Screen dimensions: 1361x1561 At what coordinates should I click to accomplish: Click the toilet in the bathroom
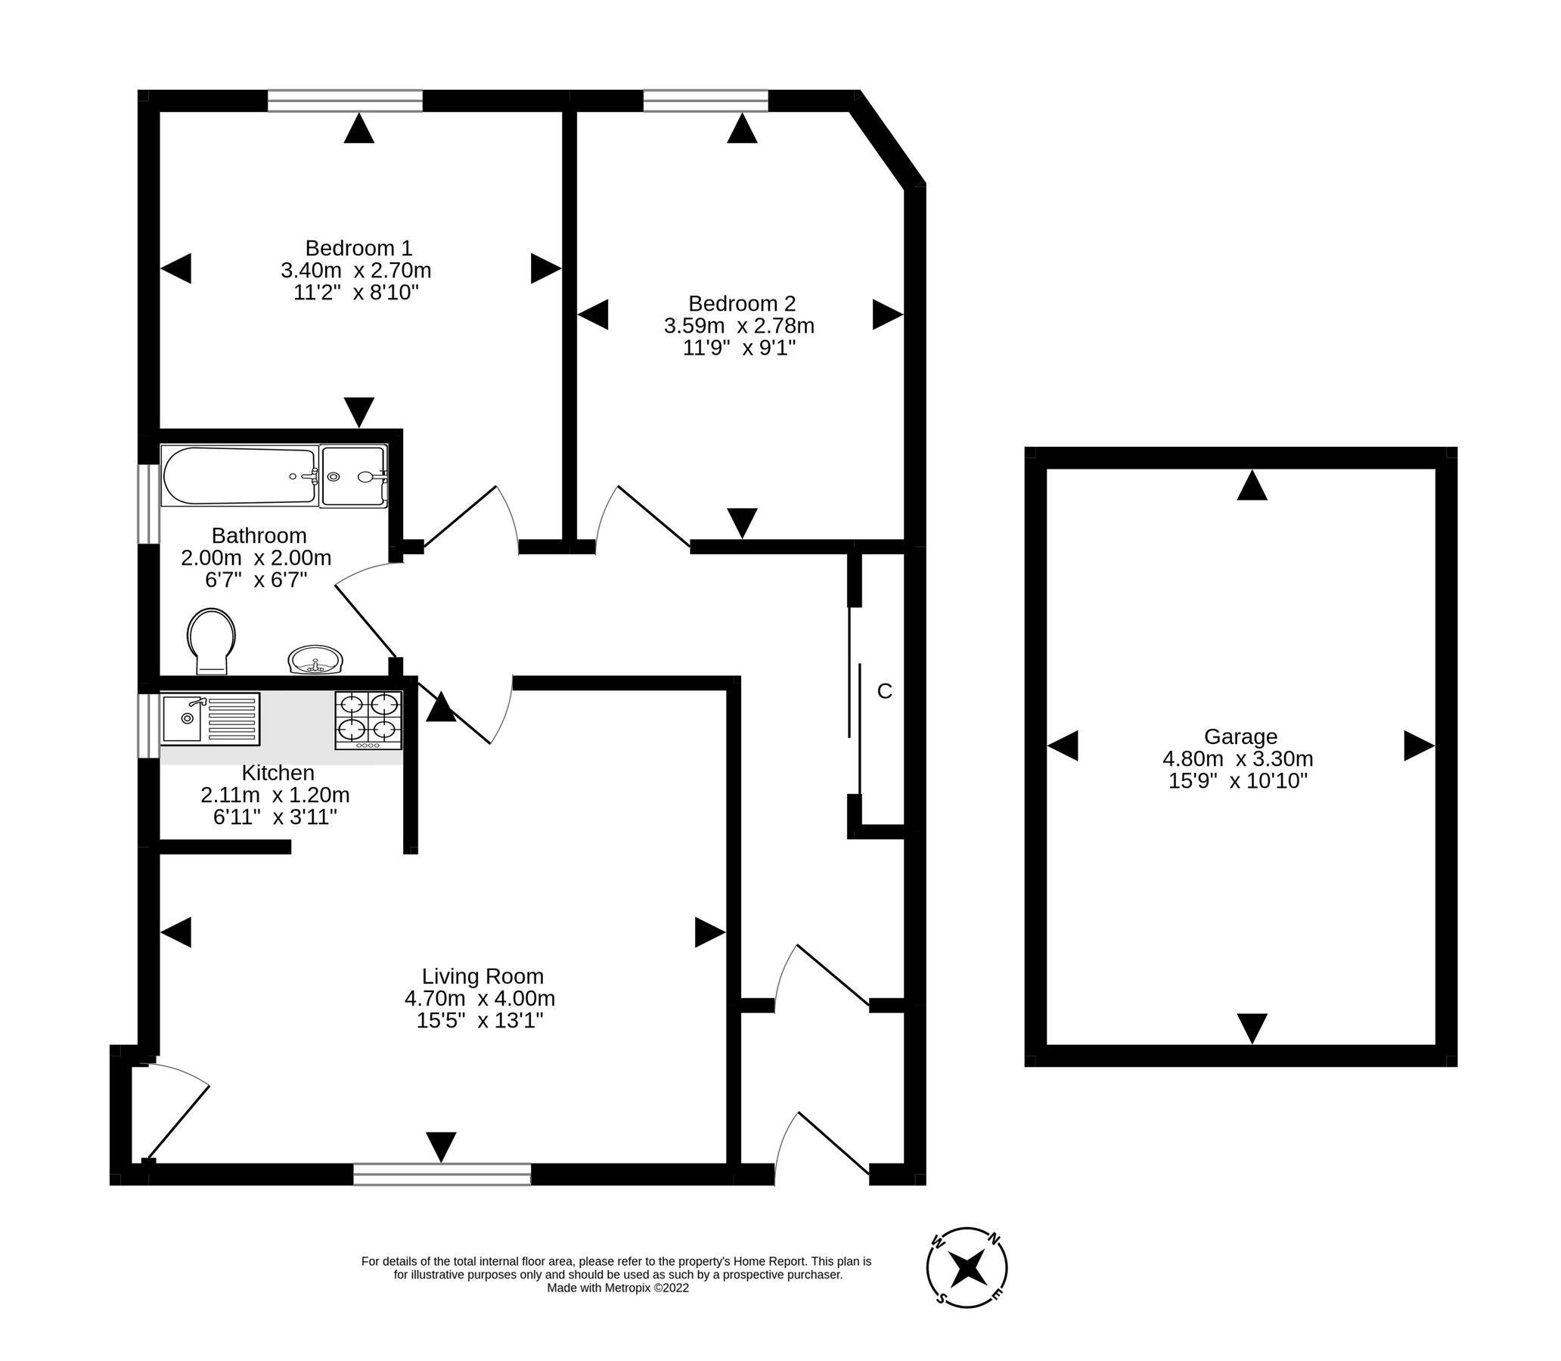(211, 640)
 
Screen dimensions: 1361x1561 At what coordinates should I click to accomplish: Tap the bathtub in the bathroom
(239, 476)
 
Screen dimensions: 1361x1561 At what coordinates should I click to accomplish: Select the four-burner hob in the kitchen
(368, 720)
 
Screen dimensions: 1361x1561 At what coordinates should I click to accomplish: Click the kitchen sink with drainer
(209, 718)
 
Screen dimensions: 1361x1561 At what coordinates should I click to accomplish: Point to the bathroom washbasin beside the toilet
(315, 660)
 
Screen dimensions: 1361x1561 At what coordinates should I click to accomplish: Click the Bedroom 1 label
(358, 248)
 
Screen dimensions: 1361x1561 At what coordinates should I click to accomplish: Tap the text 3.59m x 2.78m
(738, 326)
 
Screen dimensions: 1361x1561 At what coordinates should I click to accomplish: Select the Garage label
(1240, 736)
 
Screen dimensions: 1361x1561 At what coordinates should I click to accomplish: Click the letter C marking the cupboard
(884, 691)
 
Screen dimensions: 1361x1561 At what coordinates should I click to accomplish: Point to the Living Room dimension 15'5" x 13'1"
(479, 1020)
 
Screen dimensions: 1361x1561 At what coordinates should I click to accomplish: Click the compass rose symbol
(967, 1267)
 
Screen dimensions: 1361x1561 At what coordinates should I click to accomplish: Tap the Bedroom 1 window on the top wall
(345, 101)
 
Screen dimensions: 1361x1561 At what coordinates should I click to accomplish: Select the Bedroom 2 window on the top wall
(705, 101)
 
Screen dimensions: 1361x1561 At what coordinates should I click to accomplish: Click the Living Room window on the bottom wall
(442, 1174)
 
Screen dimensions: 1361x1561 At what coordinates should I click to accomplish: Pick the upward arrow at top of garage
(1251, 485)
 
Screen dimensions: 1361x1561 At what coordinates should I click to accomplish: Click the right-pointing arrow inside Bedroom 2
(886, 315)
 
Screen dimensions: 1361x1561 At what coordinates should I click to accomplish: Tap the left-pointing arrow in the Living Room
(176, 932)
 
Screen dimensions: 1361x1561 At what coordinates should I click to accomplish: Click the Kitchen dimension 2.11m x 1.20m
(275, 795)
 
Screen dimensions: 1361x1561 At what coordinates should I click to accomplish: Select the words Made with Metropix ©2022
(617, 1288)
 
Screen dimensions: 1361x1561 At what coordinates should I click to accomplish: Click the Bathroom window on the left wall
(148, 504)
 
